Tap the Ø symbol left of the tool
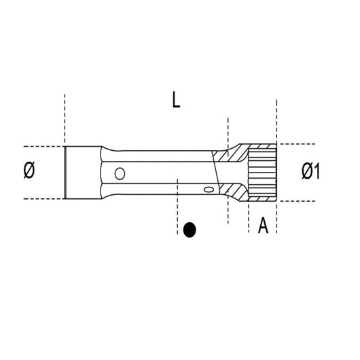pyautogui.click(x=29, y=173)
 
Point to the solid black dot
pyautogui.click(x=190, y=230)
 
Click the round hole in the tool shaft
pyautogui.click(x=120, y=173)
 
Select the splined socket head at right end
pyautogui.click(x=263, y=173)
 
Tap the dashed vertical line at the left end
pyautogui.click(x=65, y=115)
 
